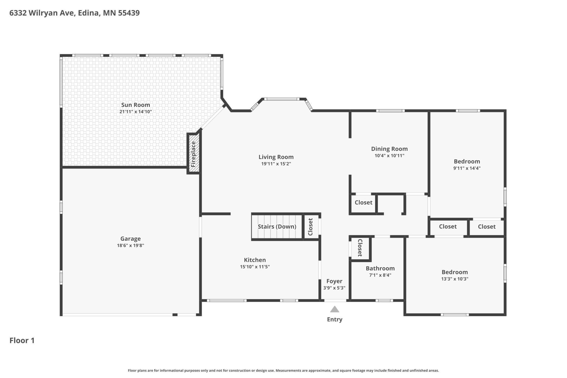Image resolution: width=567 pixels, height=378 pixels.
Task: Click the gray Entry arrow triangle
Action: coord(334,309)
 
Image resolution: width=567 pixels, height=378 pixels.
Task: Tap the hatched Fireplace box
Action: coord(194,154)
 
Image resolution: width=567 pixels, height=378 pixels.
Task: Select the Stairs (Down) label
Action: coord(277,227)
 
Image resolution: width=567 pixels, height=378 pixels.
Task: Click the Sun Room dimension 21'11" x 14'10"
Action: coord(135,112)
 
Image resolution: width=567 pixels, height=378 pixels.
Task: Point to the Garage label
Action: coord(131,239)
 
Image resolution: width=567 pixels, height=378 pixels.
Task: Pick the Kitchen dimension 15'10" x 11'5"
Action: coord(255,267)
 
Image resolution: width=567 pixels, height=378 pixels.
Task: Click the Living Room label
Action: coord(276,157)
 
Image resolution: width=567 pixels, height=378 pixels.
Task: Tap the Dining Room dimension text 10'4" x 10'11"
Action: coord(389,156)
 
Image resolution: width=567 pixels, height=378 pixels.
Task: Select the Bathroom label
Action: coord(380,268)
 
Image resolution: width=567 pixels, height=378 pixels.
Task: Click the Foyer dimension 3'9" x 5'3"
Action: coord(334,288)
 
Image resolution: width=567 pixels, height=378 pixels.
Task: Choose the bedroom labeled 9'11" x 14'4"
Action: coord(467,164)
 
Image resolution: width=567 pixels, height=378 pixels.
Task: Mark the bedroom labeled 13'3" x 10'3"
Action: coord(455,275)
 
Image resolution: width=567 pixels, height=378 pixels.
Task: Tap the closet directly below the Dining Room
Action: coord(363,203)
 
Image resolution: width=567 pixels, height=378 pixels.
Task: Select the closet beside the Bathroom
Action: coord(360,248)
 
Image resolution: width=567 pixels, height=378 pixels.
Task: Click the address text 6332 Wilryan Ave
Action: coord(42,13)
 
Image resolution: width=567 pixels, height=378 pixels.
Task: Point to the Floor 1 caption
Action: coord(22,340)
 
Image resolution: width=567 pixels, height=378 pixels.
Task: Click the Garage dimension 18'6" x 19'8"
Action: coord(131,245)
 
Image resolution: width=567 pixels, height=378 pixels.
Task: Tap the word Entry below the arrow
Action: coord(335,319)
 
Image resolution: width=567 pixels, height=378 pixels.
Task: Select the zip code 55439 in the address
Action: coord(129,13)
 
